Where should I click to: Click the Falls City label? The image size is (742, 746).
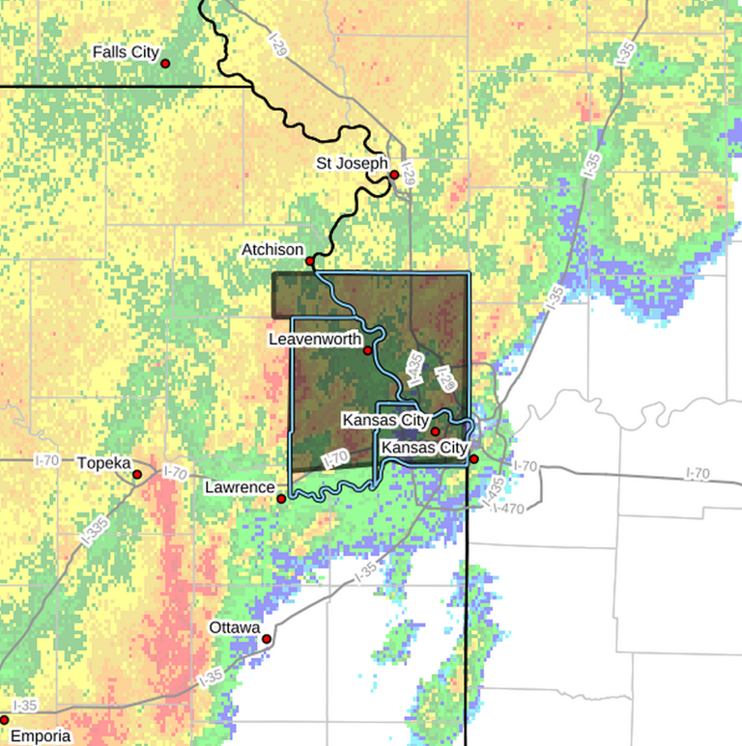126,52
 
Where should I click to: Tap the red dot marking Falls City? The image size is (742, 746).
165,63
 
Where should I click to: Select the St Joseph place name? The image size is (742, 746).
352,163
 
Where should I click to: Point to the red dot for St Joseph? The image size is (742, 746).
394,175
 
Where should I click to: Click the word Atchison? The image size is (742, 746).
272,250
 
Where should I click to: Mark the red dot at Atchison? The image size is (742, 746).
310,261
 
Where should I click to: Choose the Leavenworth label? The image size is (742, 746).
317,340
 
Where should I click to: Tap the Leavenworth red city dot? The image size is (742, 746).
368,350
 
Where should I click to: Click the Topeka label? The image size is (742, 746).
103,463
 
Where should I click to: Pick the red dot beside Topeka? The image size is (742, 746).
137,474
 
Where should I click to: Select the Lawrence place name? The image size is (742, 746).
240,488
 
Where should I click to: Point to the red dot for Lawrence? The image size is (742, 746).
281,499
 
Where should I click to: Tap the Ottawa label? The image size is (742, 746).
235,628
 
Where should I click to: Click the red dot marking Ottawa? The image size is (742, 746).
268,639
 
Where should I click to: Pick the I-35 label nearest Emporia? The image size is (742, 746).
26,705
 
